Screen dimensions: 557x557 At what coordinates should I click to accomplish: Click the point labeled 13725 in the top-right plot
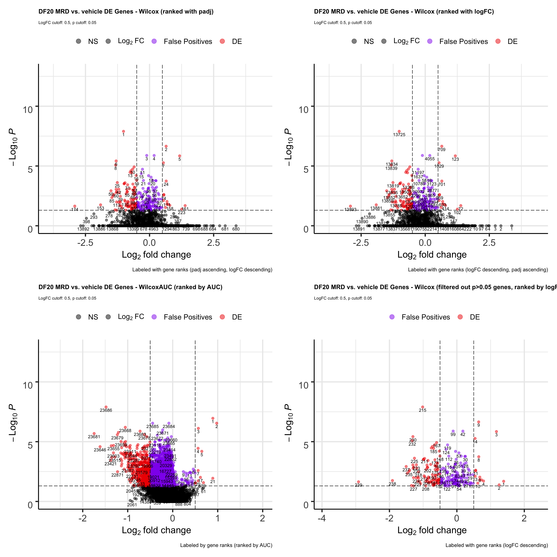coord(399,131)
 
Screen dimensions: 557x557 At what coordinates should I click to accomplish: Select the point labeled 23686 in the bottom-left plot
coord(106,407)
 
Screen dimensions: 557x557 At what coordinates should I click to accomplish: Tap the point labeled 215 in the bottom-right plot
coord(422,407)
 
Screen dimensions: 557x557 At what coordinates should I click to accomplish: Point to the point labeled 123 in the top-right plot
coord(455,156)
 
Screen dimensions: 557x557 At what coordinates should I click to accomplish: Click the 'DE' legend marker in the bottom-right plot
coord(460,317)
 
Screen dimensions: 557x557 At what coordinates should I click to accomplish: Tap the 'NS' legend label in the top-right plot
coord(369,42)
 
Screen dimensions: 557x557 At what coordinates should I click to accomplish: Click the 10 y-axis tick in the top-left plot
coord(28,109)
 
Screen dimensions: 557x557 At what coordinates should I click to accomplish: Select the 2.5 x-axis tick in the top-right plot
coord(489,243)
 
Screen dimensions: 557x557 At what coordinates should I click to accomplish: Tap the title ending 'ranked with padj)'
coord(126,12)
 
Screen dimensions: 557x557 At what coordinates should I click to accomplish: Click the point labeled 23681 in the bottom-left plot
coord(94,433)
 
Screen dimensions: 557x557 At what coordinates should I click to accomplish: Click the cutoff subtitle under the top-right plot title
coord(343,22)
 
